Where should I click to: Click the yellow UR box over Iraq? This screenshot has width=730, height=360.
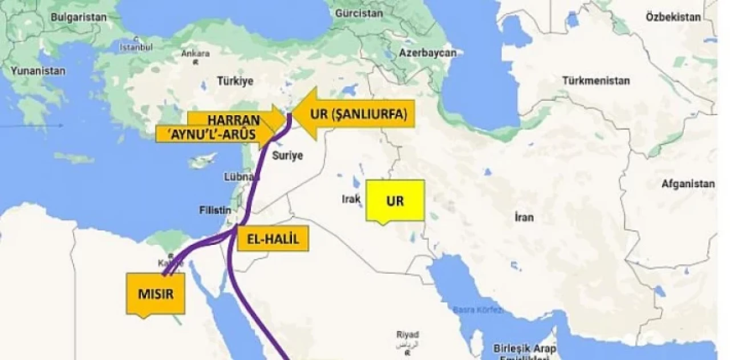[396, 201]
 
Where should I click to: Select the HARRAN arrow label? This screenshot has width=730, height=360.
[233, 120]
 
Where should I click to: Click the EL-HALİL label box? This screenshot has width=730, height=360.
[272, 238]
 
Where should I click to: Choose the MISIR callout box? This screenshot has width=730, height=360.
[155, 294]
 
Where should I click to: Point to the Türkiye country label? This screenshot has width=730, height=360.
[234, 81]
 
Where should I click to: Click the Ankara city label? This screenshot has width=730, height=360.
[195, 54]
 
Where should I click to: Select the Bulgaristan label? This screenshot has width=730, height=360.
[78, 17]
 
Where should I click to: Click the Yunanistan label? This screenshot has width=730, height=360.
[38, 71]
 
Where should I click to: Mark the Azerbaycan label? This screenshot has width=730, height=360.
[428, 52]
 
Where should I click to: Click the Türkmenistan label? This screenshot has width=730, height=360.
[596, 80]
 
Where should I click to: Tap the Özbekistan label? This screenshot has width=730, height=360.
[673, 17]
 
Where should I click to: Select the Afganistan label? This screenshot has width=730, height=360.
[688, 184]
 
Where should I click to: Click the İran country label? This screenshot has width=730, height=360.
[524, 217]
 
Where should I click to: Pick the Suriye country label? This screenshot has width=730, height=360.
[287, 155]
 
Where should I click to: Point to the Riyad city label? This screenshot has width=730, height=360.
[409, 334]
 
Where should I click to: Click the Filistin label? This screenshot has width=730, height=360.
[215, 209]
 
